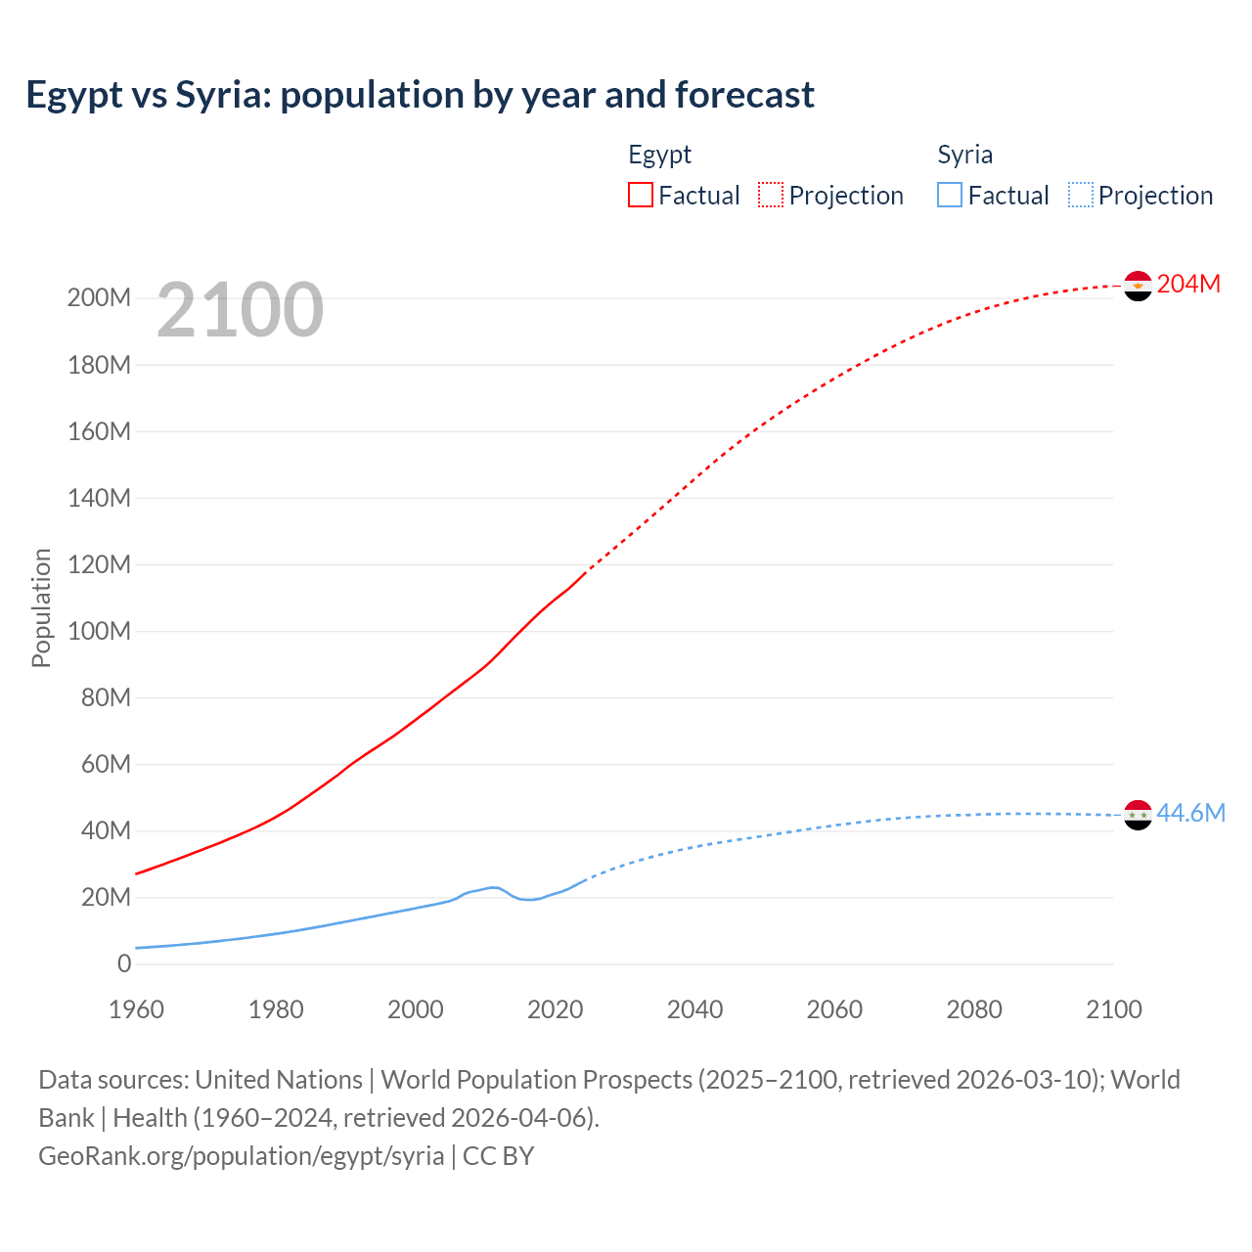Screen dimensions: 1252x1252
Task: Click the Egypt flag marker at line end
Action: click(x=1138, y=286)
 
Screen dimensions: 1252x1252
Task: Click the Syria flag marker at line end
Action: click(x=1138, y=815)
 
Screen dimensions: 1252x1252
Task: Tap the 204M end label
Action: click(x=1188, y=284)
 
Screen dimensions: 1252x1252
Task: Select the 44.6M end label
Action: click(x=1190, y=813)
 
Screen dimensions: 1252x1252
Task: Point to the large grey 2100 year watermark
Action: click(x=240, y=309)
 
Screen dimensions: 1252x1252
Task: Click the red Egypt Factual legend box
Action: click(x=640, y=195)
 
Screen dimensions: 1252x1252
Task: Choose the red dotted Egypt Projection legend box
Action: click(x=771, y=195)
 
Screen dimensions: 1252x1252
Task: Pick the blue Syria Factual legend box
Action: click(x=949, y=195)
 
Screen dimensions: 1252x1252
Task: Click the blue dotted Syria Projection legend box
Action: click(x=1080, y=195)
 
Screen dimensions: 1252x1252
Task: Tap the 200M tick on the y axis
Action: click(x=99, y=297)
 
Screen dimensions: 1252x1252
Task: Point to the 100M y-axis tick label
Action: click(x=99, y=631)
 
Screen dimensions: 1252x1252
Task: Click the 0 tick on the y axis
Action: click(x=124, y=963)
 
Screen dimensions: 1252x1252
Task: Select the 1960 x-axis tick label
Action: click(x=136, y=1009)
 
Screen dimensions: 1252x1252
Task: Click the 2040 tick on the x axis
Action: click(x=694, y=1009)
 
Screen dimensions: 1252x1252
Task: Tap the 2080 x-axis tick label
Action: click(x=974, y=1009)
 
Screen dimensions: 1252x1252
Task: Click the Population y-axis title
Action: click(x=41, y=607)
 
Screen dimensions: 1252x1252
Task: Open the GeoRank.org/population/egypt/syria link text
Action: click(x=242, y=1155)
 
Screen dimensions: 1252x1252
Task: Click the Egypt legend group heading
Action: click(x=659, y=155)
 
